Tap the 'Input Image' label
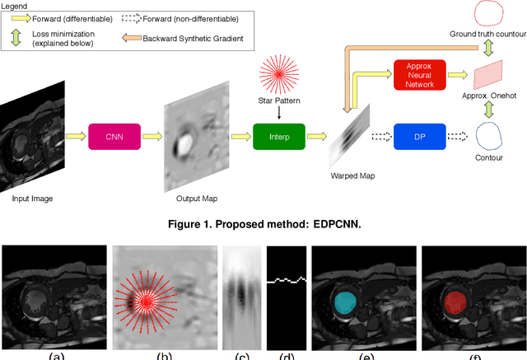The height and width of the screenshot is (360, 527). tap(38, 199)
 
